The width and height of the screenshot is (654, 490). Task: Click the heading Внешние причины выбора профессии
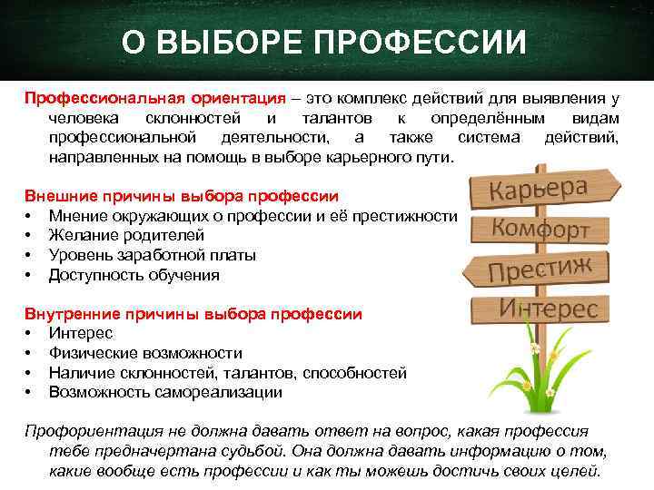click(182, 195)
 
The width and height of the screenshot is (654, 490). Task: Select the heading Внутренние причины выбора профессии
click(193, 314)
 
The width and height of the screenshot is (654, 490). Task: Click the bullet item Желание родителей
click(114, 235)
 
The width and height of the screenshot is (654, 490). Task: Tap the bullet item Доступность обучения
click(134, 275)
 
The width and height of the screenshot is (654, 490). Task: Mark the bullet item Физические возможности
click(145, 353)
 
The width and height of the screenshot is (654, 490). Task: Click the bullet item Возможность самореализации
click(165, 393)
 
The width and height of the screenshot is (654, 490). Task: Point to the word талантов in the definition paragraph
click(332, 119)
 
